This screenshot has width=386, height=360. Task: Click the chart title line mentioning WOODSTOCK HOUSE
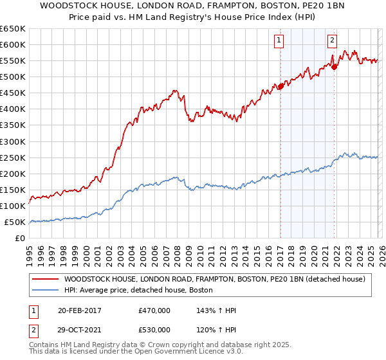tap(193, 6)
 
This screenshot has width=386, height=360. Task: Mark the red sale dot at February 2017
tap(280, 86)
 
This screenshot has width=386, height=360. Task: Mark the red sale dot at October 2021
tap(334, 67)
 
